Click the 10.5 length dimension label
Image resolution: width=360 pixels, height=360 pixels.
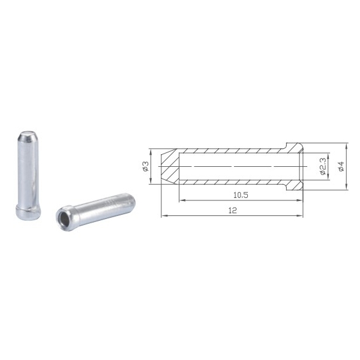click(241, 195)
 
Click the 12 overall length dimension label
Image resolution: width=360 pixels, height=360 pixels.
click(233, 211)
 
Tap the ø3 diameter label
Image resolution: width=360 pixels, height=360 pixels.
click(146, 166)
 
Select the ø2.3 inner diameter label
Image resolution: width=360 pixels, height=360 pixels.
click(323, 166)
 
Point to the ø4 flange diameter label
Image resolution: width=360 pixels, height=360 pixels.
click(341, 166)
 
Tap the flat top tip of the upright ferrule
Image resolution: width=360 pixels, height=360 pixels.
click(28, 133)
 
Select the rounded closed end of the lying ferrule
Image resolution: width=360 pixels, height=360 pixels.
click(130, 202)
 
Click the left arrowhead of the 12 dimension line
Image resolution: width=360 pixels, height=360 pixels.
click(163, 215)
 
